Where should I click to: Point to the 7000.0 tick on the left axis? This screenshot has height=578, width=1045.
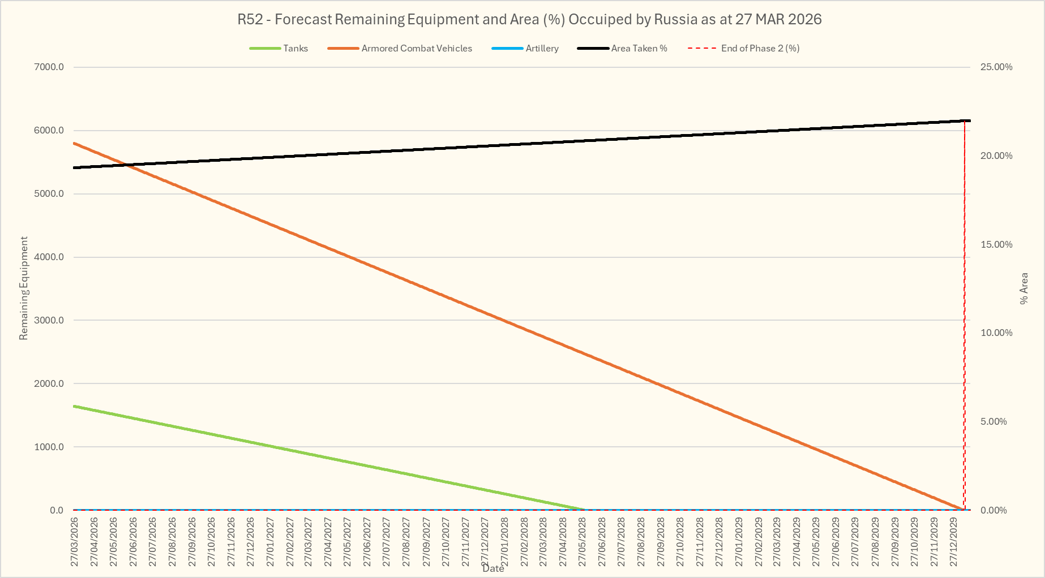pyautogui.click(x=49, y=67)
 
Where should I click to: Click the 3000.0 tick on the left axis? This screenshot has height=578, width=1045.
pyautogui.click(x=49, y=321)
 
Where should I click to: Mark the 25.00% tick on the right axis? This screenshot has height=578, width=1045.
pyautogui.click(x=996, y=67)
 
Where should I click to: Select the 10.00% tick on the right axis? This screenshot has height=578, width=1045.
pyautogui.click(x=996, y=333)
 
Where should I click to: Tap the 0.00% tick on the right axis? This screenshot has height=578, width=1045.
pyautogui.click(x=993, y=511)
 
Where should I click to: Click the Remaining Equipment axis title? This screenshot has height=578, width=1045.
pyautogui.click(x=24, y=288)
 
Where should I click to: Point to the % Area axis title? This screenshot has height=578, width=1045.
pyautogui.click(x=1024, y=288)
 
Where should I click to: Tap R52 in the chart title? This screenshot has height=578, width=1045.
pyautogui.click(x=250, y=20)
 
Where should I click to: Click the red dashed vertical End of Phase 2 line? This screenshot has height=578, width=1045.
pyautogui.click(x=965, y=317)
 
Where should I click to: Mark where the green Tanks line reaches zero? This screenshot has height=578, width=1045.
pyautogui.click(x=585, y=510)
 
